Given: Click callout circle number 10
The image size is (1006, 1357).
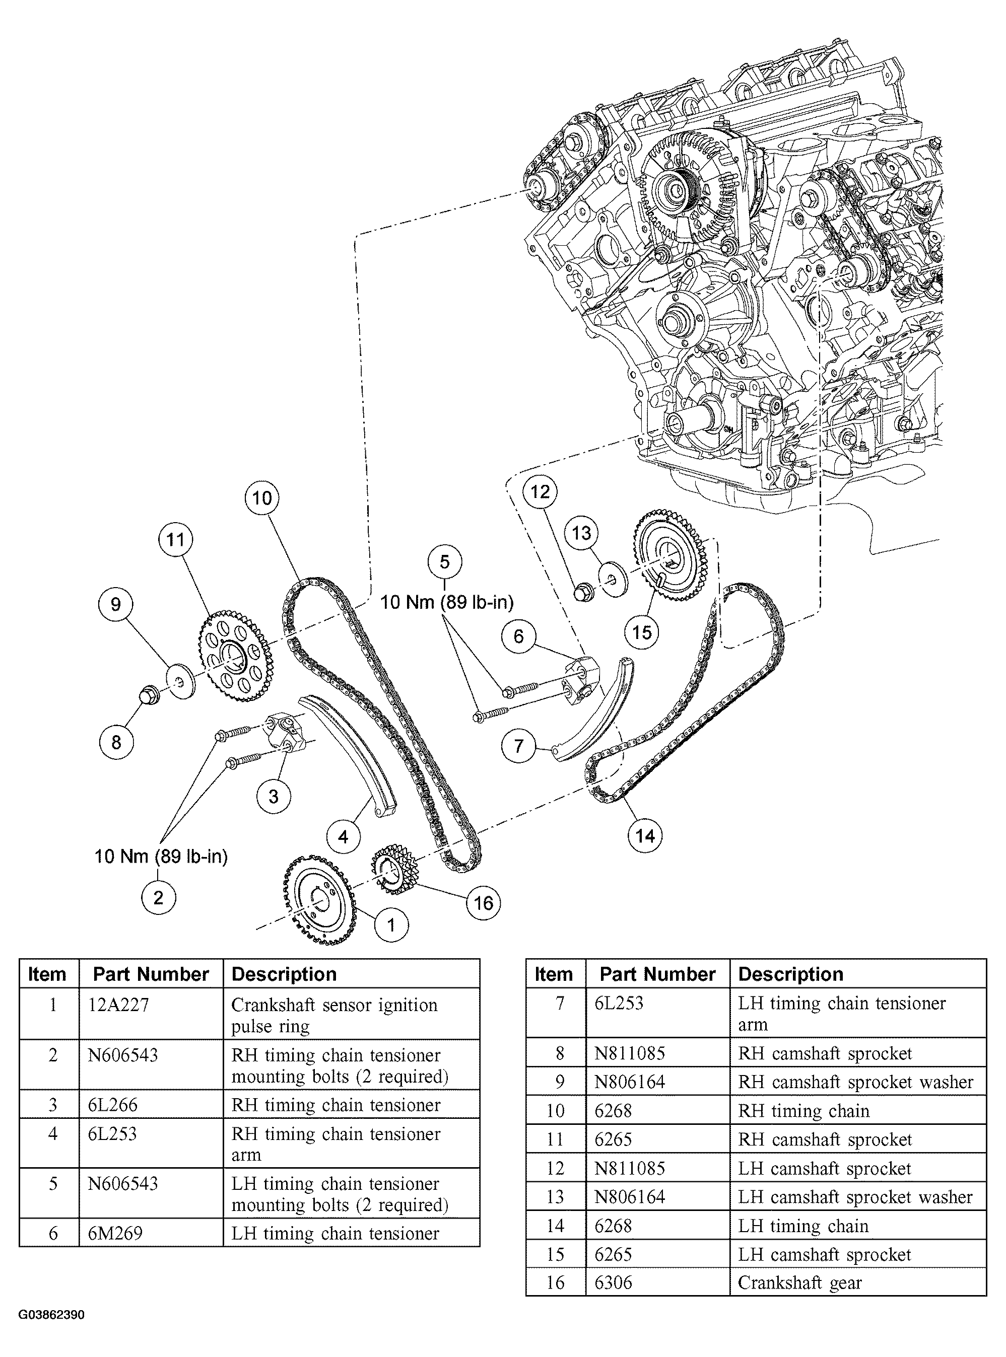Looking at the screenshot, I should [x=262, y=498].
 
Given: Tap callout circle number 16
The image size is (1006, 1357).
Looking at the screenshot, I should [x=483, y=903].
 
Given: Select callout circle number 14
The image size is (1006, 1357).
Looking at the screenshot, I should [x=645, y=836].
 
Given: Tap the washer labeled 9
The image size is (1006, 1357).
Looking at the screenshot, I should [x=181, y=683].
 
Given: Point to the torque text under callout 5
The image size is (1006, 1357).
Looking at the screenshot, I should [x=447, y=602].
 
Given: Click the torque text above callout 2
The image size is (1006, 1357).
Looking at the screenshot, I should [x=161, y=857].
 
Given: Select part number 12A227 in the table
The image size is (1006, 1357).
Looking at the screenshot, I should [x=118, y=1005].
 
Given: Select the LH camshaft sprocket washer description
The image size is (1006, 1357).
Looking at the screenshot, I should [x=855, y=1197].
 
